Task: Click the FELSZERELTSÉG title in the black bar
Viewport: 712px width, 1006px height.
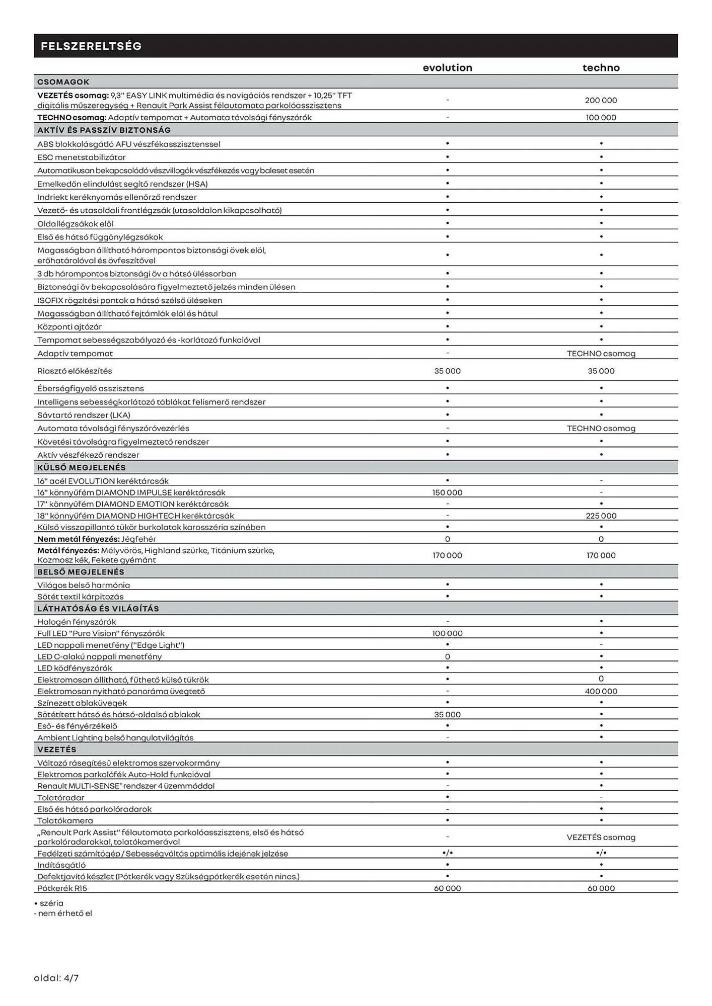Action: click(91, 46)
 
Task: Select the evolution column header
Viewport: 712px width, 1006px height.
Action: click(447, 67)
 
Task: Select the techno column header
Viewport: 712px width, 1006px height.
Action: click(601, 67)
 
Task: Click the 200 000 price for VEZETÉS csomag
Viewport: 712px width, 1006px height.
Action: click(601, 100)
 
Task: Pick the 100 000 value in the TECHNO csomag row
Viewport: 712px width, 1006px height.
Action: click(601, 117)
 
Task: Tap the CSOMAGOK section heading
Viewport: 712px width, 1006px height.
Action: click(63, 81)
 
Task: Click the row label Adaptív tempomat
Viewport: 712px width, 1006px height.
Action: click(75, 353)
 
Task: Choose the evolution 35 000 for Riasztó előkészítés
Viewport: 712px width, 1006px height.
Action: click(447, 371)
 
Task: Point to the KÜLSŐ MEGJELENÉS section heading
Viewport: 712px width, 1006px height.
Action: click(82, 467)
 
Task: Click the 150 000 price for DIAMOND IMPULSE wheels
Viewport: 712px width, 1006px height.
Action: click(447, 492)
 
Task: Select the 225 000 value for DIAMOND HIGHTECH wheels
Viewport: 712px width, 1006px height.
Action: click(601, 516)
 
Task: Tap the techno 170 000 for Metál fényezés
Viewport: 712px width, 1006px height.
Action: click(601, 555)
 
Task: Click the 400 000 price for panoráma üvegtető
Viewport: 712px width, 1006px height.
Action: click(601, 691)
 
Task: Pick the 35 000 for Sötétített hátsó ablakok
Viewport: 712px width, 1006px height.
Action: click(447, 714)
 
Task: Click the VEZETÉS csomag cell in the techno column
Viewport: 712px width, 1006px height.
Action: click(601, 837)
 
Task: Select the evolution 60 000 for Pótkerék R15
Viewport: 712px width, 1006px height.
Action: click(447, 888)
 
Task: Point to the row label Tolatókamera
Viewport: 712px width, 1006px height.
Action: click(65, 820)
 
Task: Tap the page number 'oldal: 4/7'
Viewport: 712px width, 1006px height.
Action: click(56, 978)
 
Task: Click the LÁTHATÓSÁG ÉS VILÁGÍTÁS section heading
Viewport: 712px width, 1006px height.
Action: click(98, 608)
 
